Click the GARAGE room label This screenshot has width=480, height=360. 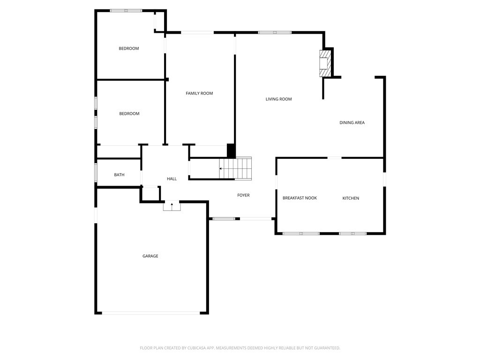[x=150, y=256]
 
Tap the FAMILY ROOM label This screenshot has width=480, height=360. [x=199, y=93]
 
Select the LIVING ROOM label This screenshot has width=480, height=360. [x=278, y=99]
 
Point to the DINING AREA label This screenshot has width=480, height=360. [x=352, y=123]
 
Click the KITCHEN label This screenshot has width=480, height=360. [x=351, y=198]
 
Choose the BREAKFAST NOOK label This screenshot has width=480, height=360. [x=300, y=198]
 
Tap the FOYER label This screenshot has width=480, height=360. [x=243, y=195]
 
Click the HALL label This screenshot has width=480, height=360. [x=172, y=179]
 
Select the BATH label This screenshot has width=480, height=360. [x=119, y=175]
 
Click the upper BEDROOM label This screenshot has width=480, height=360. [x=128, y=48]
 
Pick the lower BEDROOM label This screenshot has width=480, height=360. [x=129, y=113]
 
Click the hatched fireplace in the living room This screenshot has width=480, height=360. [x=325, y=63]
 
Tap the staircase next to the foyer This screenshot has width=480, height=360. [x=236, y=168]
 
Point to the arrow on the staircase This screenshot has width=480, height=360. [x=222, y=168]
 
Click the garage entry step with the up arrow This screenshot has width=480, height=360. [x=172, y=206]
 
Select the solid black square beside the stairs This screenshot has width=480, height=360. [x=231, y=151]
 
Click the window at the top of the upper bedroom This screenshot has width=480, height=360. [x=126, y=10]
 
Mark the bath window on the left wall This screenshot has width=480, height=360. [x=96, y=172]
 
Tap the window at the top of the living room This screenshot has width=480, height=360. [x=275, y=32]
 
